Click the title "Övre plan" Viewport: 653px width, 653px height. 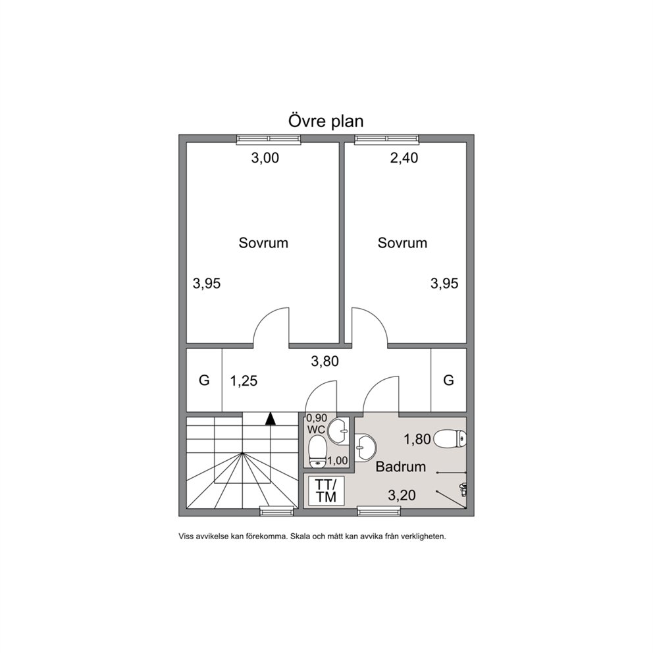pyautogui.click(x=326, y=121)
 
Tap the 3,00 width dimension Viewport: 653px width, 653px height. pyautogui.click(x=265, y=158)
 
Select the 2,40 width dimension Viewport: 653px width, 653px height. pyautogui.click(x=404, y=158)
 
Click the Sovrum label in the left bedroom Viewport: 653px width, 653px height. pyautogui.click(x=263, y=243)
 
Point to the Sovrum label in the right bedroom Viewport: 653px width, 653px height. pyautogui.click(x=402, y=243)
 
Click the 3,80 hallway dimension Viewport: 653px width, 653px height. pyautogui.click(x=325, y=361)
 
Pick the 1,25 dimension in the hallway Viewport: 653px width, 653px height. pyautogui.click(x=244, y=380)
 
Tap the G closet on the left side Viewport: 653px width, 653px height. pyautogui.click(x=204, y=380)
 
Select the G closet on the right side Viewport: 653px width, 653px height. pyautogui.click(x=448, y=380)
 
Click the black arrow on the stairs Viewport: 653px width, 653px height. pyautogui.click(x=271, y=419)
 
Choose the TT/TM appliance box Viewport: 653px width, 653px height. pyautogui.click(x=326, y=490)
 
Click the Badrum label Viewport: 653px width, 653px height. pyautogui.click(x=401, y=467)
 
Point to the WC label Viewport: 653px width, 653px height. pyautogui.click(x=316, y=429)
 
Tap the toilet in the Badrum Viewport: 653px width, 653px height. pyautogui.click(x=450, y=439)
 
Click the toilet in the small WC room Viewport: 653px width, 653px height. pyautogui.click(x=318, y=451)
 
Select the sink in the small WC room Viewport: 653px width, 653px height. pyautogui.click(x=338, y=431)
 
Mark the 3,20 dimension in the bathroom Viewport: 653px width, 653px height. pyautogui.click(x=402, y=495)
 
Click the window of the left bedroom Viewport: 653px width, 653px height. pyautogui.click(x=269, y=140)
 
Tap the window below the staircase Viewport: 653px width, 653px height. pyautogui.click(x=276, y=511)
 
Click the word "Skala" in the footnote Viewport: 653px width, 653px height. pyautogui.click(x=299, y=536)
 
